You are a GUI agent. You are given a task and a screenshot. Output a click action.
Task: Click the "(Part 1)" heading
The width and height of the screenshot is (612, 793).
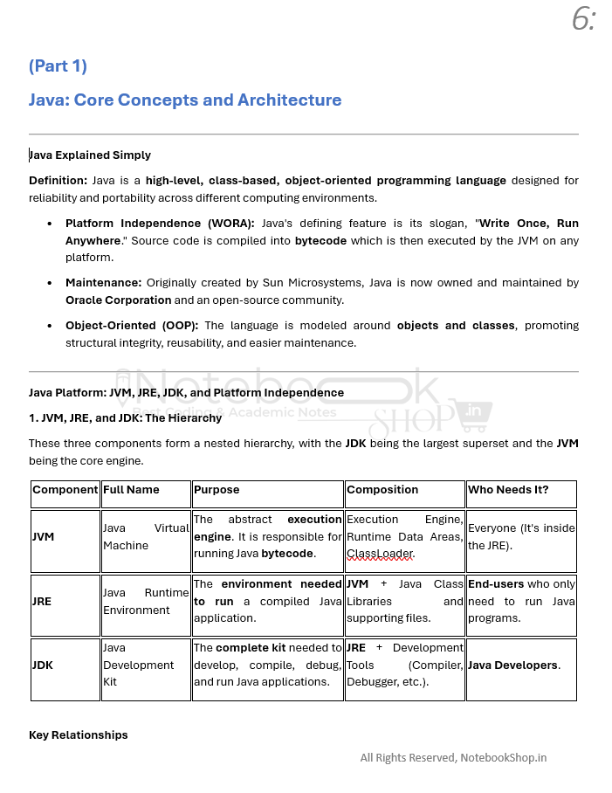coord(58,66)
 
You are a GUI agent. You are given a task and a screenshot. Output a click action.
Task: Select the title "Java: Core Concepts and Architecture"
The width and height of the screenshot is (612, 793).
coord(185,100)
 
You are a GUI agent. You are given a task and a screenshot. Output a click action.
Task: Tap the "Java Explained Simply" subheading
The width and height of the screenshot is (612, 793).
coord(90,155)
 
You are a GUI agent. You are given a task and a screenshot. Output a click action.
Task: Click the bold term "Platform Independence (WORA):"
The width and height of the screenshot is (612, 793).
coord(160,224)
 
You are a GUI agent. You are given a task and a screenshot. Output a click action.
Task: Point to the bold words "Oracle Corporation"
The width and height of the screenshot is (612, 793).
coord(118,300)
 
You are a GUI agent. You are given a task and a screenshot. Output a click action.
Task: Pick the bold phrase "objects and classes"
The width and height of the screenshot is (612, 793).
coord(456,326)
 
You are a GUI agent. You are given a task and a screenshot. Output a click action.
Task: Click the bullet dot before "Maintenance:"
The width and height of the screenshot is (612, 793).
coord(49,284)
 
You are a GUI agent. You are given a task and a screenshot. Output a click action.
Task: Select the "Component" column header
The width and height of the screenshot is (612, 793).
coord(65,491)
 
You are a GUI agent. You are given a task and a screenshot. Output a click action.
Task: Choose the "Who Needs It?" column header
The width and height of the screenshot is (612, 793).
coord(508,491)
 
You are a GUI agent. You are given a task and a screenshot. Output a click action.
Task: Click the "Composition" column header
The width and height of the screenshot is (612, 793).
coord(382,491)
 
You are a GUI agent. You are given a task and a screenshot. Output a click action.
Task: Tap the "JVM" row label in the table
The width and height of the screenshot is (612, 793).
coord(44,537)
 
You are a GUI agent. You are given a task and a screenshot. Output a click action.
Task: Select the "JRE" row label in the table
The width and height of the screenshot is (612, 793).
coord(42,602)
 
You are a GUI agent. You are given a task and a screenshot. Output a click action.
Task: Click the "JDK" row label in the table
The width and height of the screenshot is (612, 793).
coord(43,665)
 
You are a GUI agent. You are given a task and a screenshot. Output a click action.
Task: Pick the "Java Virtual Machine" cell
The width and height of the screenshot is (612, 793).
coord(146,537)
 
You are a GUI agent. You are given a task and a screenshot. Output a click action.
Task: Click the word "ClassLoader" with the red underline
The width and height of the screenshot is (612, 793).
coord(380,554)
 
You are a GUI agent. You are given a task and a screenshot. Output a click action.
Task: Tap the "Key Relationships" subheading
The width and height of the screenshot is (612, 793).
coord(79,735)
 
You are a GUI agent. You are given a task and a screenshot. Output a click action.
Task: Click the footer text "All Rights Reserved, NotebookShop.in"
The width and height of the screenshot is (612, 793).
coord(453,758)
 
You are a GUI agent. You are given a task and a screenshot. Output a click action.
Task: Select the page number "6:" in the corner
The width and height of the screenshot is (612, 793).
coord(584,19)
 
